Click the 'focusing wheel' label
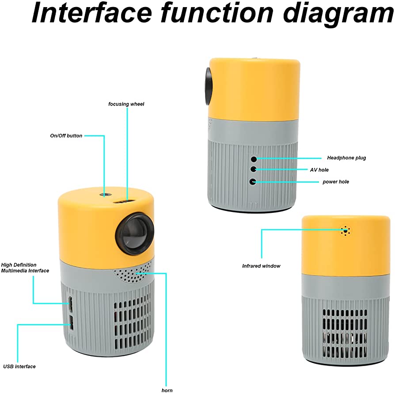[x=126, y=104]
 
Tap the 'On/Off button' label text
[x=66, y=136]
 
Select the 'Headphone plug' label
[x=346, y=158]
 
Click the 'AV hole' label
[x=319, y=170]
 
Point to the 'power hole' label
[x=336, y=182]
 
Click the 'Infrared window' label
[x=261, y=266]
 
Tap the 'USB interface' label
[x=19, y=367]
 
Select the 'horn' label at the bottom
[x=167, y=390]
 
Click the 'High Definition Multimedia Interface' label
[x=25, y=268]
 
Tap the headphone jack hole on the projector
[x=254, y=159]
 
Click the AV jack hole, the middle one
[x=254, y=170]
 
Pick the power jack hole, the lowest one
[x=253, y=181]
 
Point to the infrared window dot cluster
[x=345, y=230]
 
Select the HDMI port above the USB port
[x=70, y=304]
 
